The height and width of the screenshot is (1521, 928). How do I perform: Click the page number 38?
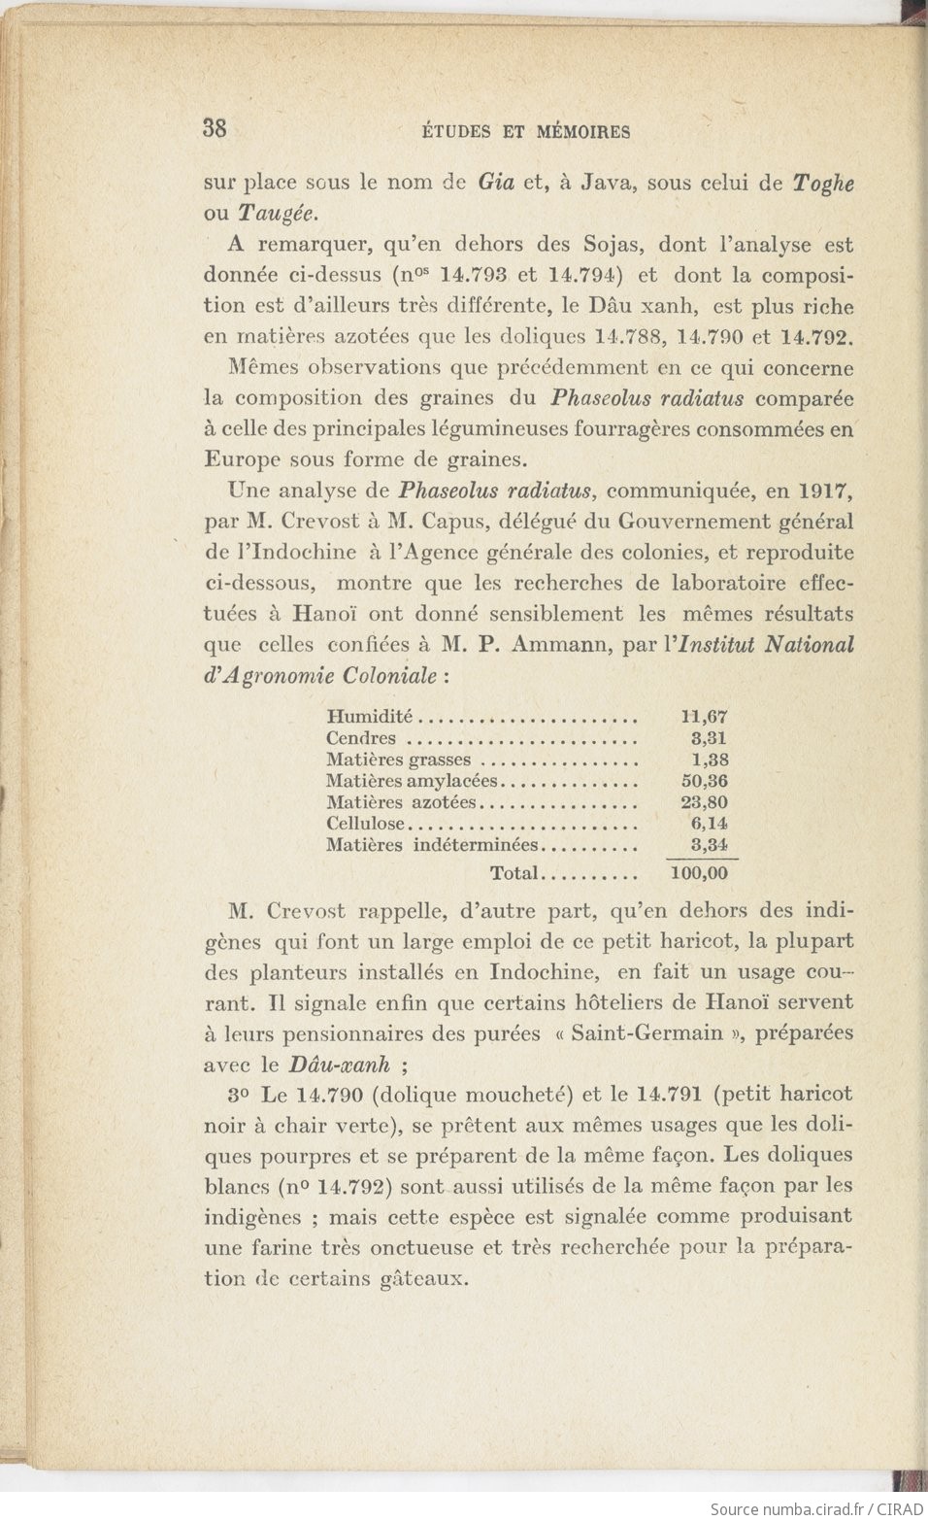click(215, 128)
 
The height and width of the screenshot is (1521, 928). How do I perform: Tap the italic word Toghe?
click(823, 184)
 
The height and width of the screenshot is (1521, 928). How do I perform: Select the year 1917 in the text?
click(827, 490)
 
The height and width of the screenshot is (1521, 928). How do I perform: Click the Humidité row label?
click(370, 717)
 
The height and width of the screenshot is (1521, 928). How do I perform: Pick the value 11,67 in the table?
click(705, 717)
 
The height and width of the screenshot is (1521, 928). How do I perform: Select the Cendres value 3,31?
click(709, 738)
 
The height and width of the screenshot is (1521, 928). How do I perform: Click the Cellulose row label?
click(365, 824)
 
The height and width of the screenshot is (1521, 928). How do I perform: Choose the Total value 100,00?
click(700, 873)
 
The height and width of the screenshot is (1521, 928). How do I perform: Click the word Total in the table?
click(514, 873)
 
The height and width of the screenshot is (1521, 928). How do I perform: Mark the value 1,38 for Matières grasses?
click(710, 760)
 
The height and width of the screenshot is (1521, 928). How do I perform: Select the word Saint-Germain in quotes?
click(646, 1032)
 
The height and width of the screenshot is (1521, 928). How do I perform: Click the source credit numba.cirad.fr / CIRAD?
click(815, 1508)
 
